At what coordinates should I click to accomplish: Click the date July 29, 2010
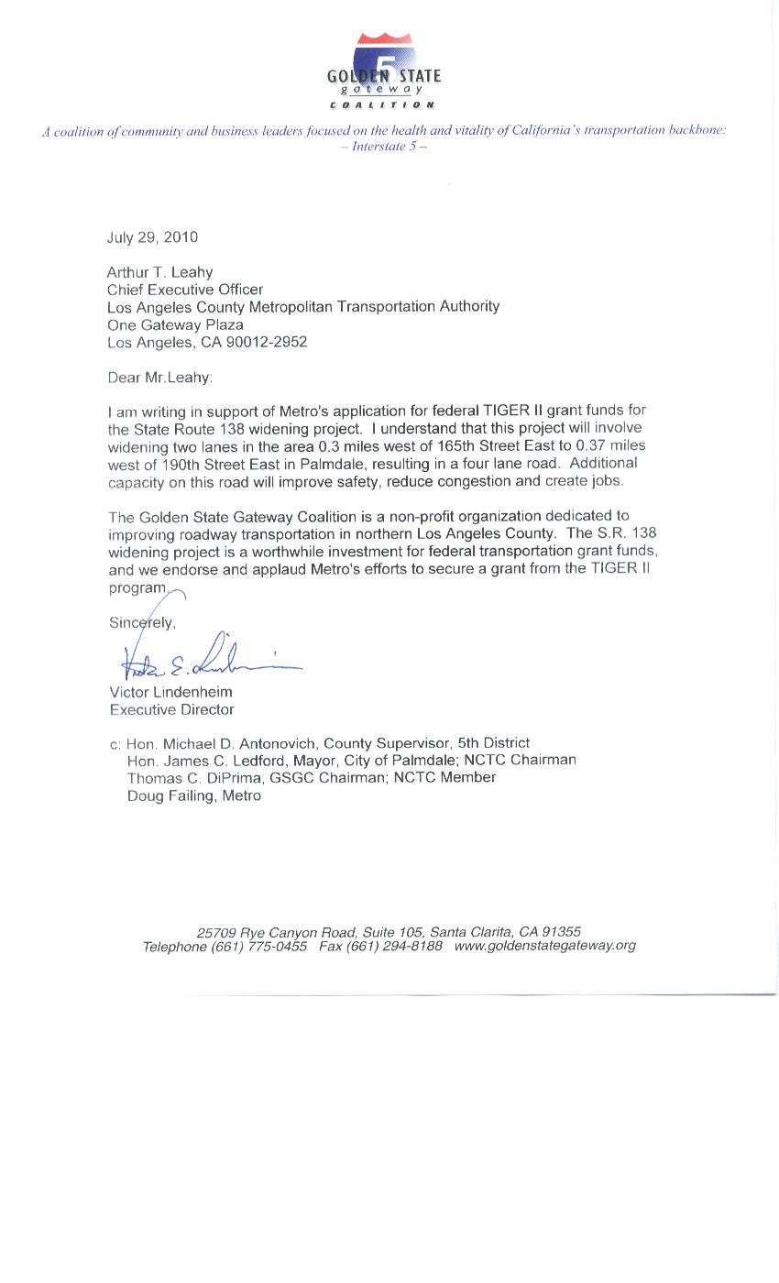pyautogui.click(x=152, y=237)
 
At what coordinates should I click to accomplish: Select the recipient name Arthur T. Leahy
pyautogui.click(x=159, y=272)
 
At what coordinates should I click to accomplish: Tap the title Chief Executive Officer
pyautogui.click(x=185, y=290)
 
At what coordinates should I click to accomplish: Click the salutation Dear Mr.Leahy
pyautogui.click(x=159, y=378)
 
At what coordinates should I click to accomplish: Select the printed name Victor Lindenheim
pyautogui.click(x=170, y=692)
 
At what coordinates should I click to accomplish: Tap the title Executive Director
pyautogui.click(x=171, y=709)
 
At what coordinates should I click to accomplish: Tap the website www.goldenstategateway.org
pyautogui.click(x=544, y=946)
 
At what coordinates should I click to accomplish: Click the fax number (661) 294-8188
pyautogui.click(x=394, y=947)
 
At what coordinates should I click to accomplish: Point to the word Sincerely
pyautogui.click(x=142, y=623)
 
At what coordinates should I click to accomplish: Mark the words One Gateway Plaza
pyautogui.click(x=175, y=325)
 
